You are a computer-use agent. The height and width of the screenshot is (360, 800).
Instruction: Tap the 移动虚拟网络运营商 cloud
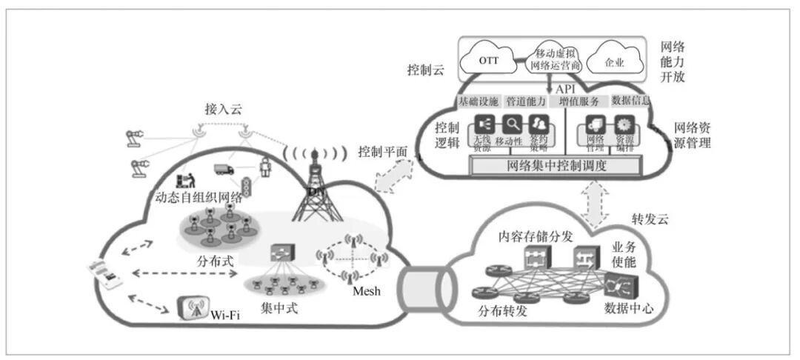[556, 59]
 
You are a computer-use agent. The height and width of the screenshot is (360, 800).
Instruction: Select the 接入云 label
[224, 109]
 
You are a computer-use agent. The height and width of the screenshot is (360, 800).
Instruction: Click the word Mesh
[366, 291]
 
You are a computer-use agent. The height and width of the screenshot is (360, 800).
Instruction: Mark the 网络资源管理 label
[692, 135]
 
